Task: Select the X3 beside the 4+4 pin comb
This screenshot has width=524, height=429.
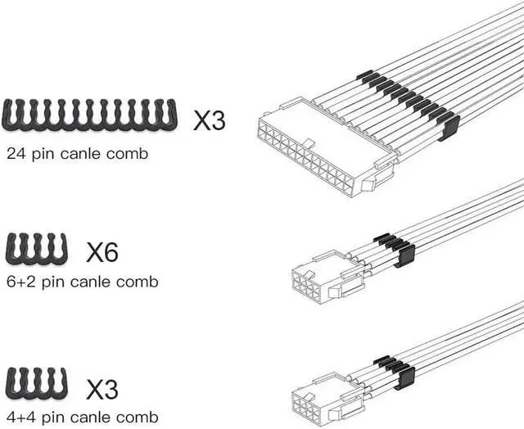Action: tap(102, 389)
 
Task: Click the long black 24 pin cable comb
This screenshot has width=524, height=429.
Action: tap(89, 115)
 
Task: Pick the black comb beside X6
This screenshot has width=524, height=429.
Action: tap(36, 248)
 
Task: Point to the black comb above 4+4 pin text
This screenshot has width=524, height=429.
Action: tap(36, 383)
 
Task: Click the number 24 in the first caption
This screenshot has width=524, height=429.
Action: tap(16, 154)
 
